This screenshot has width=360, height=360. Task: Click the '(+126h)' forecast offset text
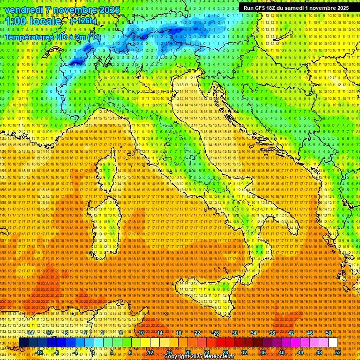click(83, 21)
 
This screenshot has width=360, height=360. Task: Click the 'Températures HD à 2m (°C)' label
click(53, 37)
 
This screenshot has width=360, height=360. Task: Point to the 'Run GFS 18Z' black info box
click(296, 8)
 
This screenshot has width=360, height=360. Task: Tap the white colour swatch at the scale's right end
click(333, 343)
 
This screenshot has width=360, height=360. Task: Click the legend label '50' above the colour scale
click(328, 333)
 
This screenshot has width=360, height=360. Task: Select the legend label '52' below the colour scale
click(337, 352)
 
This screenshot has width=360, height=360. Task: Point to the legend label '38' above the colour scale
click(272, 333)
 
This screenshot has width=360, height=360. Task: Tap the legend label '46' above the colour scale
click(309, 333)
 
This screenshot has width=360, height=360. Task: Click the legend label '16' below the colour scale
click(169, 352)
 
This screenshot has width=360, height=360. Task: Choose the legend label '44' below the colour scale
click(300, 352)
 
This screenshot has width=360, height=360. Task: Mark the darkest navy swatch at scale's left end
click(23, 343)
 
